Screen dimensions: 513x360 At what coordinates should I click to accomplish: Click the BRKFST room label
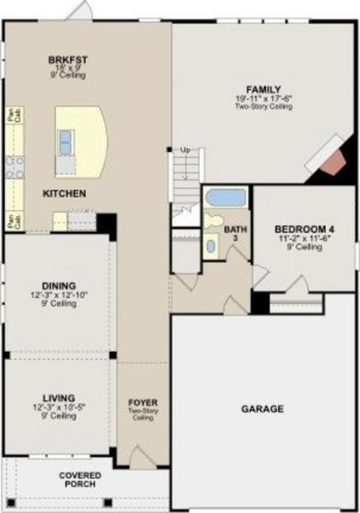[x=68, y=60]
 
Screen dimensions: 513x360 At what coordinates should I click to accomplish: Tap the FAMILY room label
[x=264, y=89]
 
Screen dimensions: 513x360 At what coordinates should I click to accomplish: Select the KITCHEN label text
[x=64, y=194]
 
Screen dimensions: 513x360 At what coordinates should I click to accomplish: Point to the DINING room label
[x=59, y=286]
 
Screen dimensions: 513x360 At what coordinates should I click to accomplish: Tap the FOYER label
[x=143, y=403]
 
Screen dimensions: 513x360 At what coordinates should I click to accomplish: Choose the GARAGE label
[x=262, y=409]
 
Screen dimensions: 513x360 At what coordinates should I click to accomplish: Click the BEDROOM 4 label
[x=304, y=229]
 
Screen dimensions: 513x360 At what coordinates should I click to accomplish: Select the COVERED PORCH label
[x=80, y=480]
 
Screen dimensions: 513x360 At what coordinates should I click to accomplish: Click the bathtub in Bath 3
[x=226, y=197]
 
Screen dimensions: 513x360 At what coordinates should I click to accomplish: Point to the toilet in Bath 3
[x=214, y=220]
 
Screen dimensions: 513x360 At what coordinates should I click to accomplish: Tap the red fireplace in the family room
[x=332, y=163]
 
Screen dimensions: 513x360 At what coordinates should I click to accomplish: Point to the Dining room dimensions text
[x=59, y=295]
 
